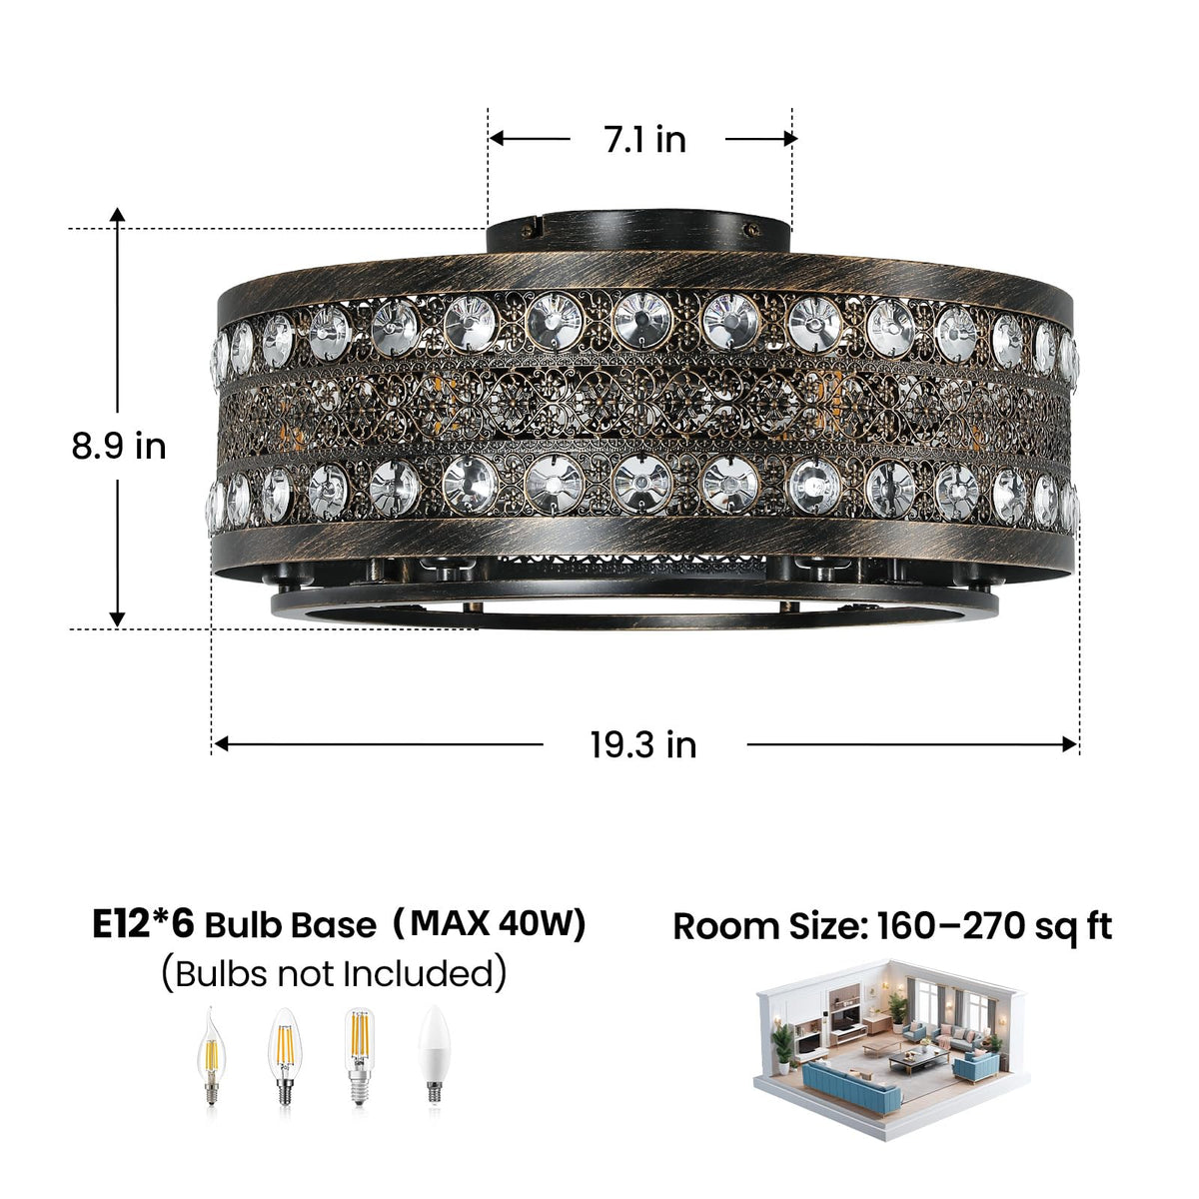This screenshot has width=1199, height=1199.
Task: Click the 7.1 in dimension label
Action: pos(645,139)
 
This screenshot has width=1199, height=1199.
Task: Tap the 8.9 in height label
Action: pos(119,446)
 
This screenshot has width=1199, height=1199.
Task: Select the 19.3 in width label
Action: pos(643,744)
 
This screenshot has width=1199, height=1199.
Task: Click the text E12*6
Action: pos(144,924)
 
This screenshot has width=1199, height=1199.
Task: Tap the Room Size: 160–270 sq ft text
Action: pos(892,926)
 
